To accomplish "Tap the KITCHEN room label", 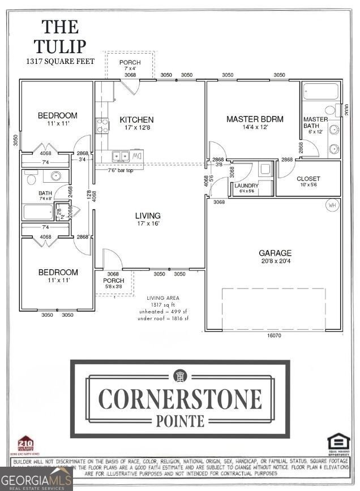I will click(136, 120).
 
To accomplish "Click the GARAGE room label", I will click(275, 253).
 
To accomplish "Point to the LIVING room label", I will click(147, 216).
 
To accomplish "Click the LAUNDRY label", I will click(247, 186).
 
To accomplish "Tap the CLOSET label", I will click(308, 179).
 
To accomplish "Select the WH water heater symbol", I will click(331, 205).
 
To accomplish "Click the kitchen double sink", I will click(121, 156).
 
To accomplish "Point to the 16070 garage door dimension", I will click(274, 335).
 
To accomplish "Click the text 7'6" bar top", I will click(121, 170).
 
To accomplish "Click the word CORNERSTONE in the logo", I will click(180, 399).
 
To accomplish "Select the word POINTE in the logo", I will click(180, 420).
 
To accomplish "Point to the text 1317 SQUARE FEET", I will click(60, 61).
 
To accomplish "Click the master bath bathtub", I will click(320, 92).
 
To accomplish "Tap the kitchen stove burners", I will click(102, 126).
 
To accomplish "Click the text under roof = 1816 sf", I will click(164, 318).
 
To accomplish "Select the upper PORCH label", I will click(130, 63).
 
